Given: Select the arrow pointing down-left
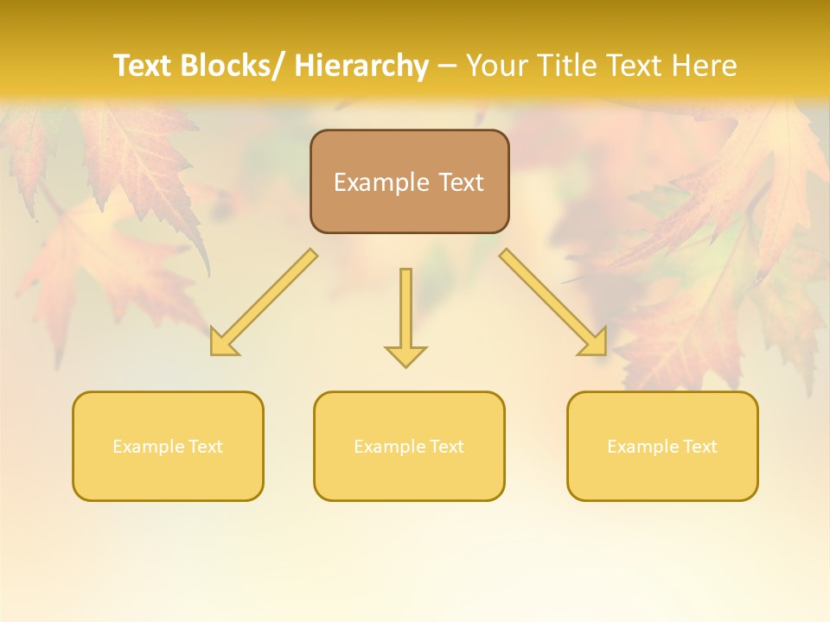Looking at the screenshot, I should tap(264, 303).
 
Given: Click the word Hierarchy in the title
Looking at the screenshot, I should tap(361, 66).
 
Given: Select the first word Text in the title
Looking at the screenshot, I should tap(144, 66).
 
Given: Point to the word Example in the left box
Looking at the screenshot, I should tap(148, 447).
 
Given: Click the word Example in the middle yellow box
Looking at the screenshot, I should tap(389, 447).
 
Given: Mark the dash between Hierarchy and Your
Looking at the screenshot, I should tap(448, 66).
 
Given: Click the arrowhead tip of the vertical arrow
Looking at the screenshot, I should tap(405, 365).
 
